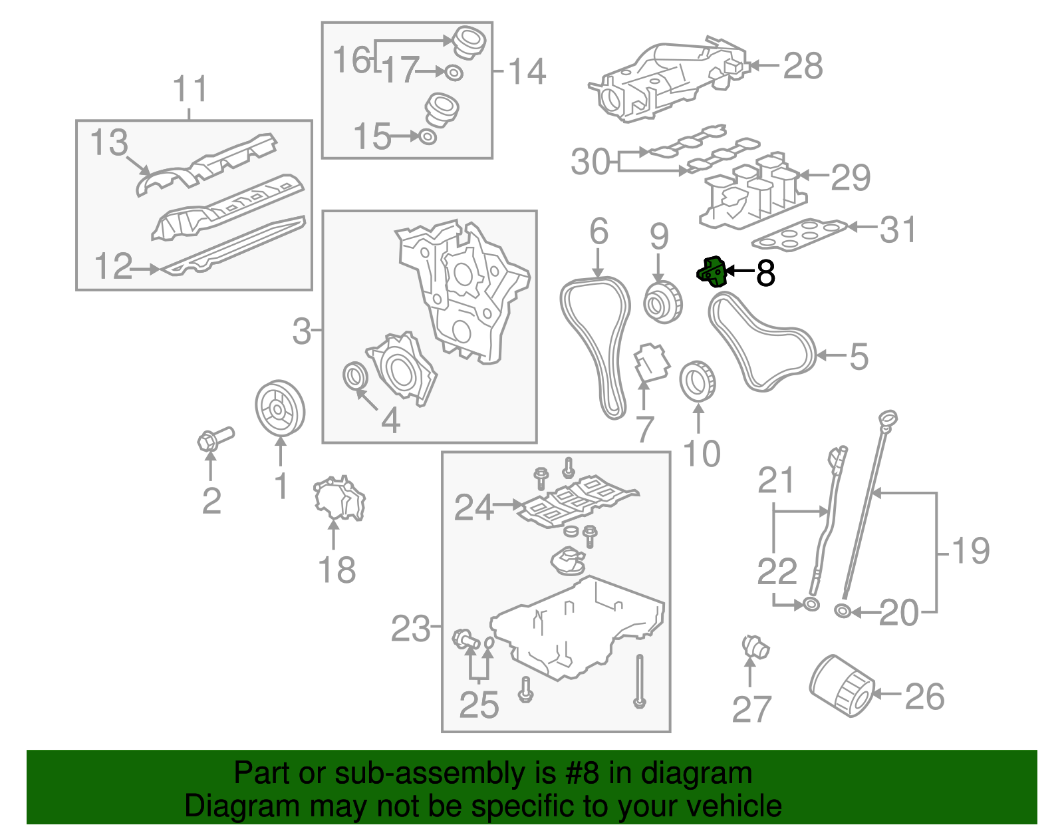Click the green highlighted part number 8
[x=710, y=272]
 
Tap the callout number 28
[x=803, y=67]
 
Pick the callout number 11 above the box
[x=190, y=89]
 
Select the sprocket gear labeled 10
[x=698, y=381]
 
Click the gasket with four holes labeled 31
[x=800, y=234]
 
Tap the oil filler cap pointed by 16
[x=469, y=42]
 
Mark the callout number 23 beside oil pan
[x=410, y=627]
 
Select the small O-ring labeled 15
[x=428, y=137]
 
